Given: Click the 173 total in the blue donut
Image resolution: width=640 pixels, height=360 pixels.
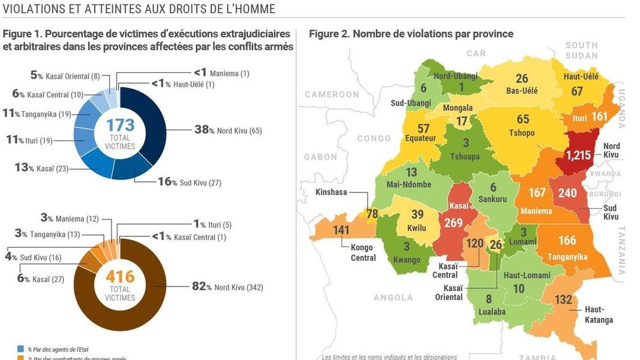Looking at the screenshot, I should click(x=120, y=125).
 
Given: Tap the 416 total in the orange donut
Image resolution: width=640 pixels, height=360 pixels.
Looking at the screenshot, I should click(x=120, y=276).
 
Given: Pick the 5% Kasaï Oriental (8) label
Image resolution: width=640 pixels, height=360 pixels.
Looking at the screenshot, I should click(x=65, y=76).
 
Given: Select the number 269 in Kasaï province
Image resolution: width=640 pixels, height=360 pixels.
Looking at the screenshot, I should click(x=453, y=223).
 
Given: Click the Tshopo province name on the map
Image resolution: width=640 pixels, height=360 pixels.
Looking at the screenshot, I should click(x=522, y=133).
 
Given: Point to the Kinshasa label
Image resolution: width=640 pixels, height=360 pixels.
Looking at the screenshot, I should click(x=332, y=192).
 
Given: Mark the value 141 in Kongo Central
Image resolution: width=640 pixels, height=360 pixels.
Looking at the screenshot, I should click(x=341, y=229).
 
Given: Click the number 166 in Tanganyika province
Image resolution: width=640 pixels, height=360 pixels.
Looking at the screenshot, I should click(x=567, y=240).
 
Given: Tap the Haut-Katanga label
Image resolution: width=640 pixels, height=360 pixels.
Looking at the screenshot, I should click(x=598, y=315).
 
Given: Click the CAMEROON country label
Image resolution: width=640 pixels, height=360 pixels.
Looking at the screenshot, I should click(x=332, y=94).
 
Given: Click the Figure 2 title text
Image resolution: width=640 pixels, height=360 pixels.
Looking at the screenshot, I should click(x=411, y=34).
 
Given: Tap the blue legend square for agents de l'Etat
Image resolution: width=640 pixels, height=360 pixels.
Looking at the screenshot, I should click(x=20, y=349).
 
